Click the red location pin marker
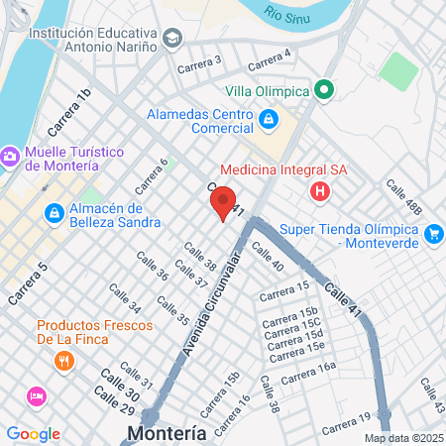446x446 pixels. click(x=223, y=202)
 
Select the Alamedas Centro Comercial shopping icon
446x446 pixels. click(x=268, y=121)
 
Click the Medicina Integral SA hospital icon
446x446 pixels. click(x=319, y=191)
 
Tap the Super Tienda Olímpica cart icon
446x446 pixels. click(x=433, y=234)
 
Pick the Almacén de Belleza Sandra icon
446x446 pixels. click(x=55, y=213)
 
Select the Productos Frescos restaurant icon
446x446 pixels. click(x=64, y=362)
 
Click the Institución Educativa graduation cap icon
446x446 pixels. click(x=173, y=39)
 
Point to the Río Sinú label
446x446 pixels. click(x=285, y=13)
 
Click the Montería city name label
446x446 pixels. click(x=167, y=433)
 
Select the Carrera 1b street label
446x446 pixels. click(x=68, y=111)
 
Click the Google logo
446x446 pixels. click(x=33, y=433)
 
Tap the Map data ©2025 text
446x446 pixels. click(x=401, y=438)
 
